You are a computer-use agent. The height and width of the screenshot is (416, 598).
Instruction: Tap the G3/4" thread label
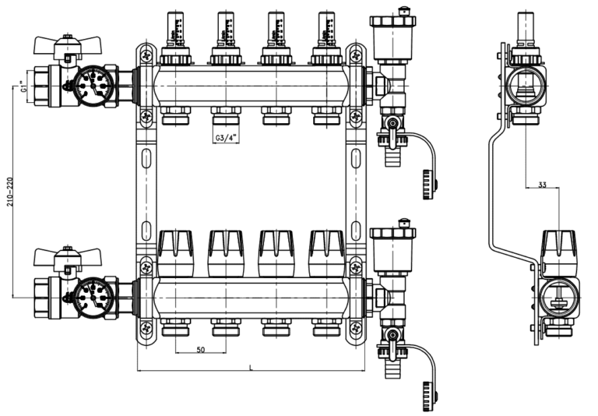click(226, 138)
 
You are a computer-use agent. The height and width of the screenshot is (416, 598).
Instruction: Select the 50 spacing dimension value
click(200, 351)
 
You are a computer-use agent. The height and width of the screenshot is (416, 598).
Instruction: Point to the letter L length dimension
click(250, 366)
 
